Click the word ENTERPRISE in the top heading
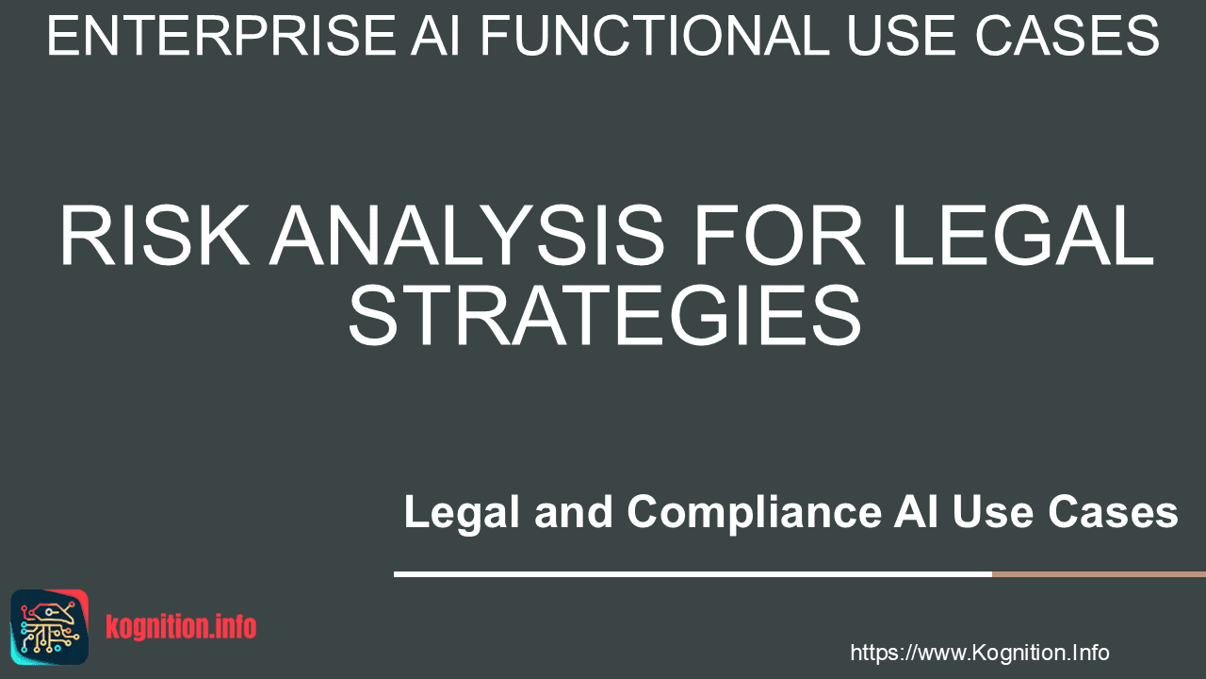click(221, 36)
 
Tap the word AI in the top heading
click(435, 36)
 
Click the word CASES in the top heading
click(1067, 36)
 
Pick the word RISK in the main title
click(155, 236)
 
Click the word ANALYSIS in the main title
click(466, 236)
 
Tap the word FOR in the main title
click(779, 236)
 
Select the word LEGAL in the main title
click(1023, 236)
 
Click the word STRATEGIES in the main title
click(605, 316)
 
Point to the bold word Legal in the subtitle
click(462, 511)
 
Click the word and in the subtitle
click(574, 511)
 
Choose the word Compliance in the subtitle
click(755, 511)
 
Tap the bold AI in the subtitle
click(915, 511)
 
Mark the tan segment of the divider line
click(1099, 574)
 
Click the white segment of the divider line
click(693, 574)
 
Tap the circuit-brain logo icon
click(50, 627)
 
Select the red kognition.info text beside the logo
click(181, 627)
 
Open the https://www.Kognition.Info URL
click(980, 653)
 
